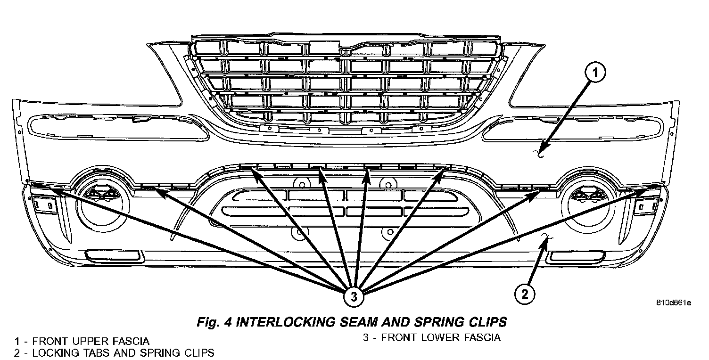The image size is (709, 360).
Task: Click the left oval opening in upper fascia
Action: coord(117,128)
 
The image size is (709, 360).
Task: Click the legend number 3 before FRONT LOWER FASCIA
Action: coord(366,337)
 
